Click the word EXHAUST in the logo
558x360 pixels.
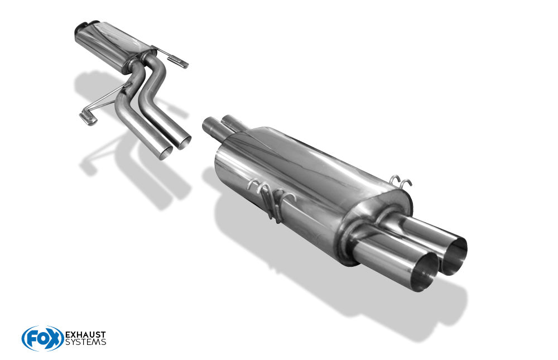coord(85,335)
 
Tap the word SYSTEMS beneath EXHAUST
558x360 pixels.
coord(85,342)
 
